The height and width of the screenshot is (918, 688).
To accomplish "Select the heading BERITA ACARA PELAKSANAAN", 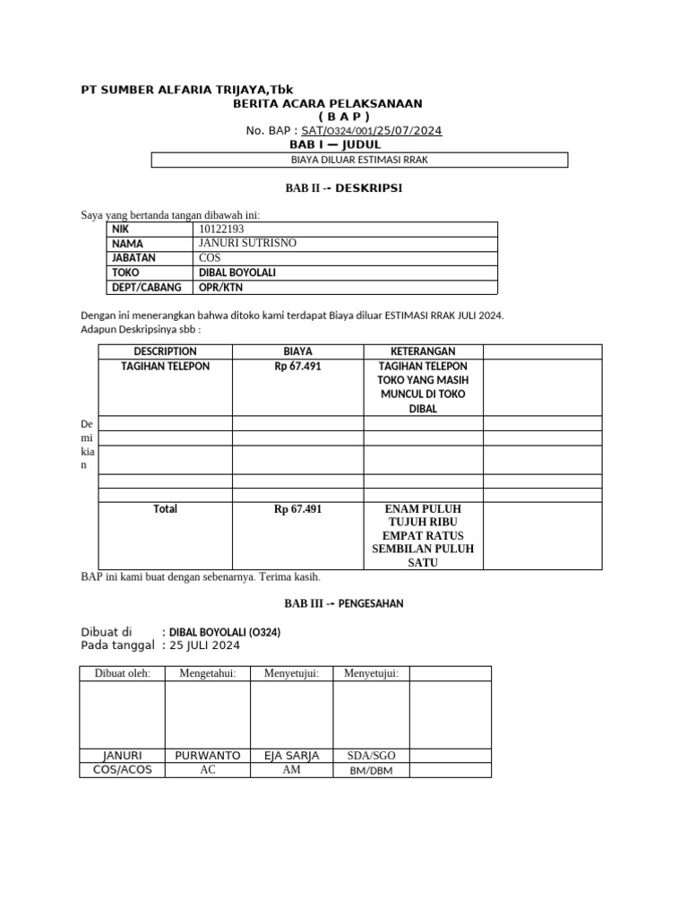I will pos(327,104).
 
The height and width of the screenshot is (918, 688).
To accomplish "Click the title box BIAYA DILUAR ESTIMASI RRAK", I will pos(359,160).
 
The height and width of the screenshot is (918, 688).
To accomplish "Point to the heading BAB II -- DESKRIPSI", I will pos(343,189).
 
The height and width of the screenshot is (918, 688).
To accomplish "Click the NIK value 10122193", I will pos(220,229).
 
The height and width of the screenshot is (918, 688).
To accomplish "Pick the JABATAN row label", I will pos(133,258).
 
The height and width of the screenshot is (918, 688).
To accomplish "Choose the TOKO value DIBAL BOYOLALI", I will pos(236,273).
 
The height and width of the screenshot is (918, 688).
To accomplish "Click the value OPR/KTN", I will pos(220,288).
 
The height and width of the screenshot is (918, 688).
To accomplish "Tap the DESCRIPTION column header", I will pos(165,351).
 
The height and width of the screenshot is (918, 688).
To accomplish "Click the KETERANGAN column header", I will pos(423,351).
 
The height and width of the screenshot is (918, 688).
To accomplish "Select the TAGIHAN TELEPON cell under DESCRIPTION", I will pos(165,367).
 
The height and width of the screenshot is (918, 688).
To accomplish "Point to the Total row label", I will pos(165,509).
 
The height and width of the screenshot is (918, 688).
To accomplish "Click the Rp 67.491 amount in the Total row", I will pos(297,509).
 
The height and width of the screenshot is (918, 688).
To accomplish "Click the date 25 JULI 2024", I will pos(205,645).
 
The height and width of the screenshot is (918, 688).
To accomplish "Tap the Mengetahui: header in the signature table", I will pos(208,673).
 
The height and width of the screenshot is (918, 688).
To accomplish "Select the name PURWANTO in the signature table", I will pos(208,756).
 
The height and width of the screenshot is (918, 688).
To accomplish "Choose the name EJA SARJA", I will pos(291,756).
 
